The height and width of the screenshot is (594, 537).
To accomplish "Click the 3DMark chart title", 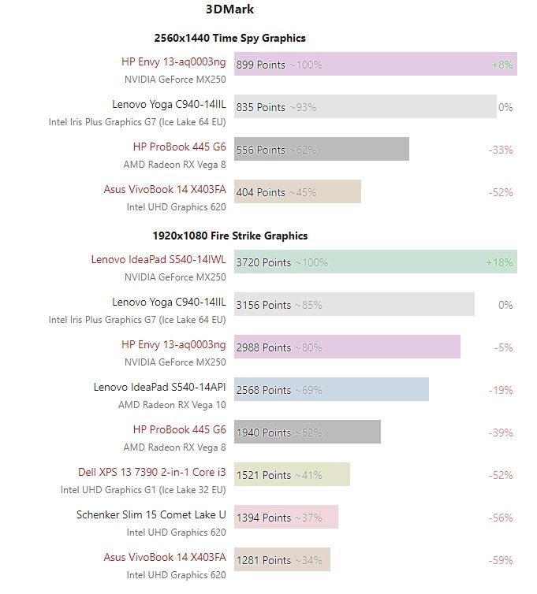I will pos(229,10).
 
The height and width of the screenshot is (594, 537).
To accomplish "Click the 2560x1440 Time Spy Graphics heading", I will pos(229,38).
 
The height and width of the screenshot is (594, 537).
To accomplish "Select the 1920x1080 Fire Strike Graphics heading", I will pos(229,236).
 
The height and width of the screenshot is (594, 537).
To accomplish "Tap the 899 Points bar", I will pos(375,65).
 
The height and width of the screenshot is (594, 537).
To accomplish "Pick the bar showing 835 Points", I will pos(365,107).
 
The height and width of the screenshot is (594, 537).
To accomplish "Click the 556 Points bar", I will pos(322,150).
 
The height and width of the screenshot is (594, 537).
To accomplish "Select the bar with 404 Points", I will pos(297,192).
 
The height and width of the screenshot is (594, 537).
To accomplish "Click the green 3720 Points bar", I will pos(375,262).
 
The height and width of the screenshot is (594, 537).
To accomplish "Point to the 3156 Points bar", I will pos(354,305).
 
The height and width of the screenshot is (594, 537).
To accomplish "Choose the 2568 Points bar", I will pos(331,390).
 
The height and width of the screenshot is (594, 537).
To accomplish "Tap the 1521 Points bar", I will pos(292,475).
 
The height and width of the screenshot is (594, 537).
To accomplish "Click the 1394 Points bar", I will pos(286,518).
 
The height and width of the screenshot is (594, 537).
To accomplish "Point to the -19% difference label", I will pos(502,390).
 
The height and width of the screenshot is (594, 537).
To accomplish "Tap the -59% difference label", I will pos(502,560).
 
